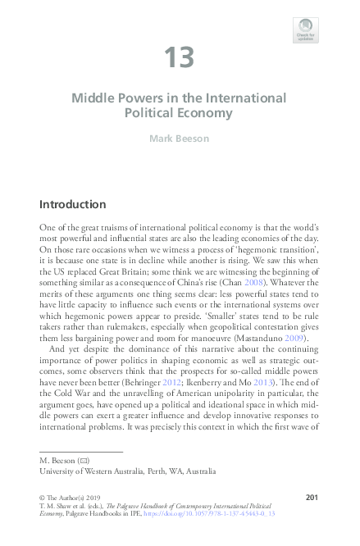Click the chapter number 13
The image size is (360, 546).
[x=179, y=58]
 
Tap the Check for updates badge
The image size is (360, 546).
[x=305, y=30]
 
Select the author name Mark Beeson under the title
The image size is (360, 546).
[x=179, y=139]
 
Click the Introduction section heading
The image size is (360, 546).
[x=84, y=203]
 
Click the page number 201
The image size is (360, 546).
[x=311, y=498]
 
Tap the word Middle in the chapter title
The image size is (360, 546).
[x=92, y=98]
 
